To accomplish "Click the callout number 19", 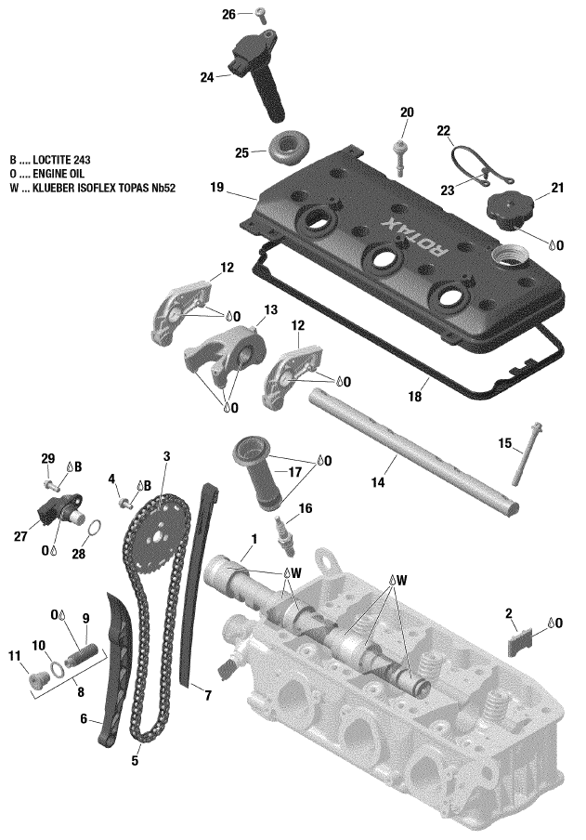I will tap(217, 188).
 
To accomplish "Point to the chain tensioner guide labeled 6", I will tap(111, 669).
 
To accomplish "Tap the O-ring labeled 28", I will tap(94, 529).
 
